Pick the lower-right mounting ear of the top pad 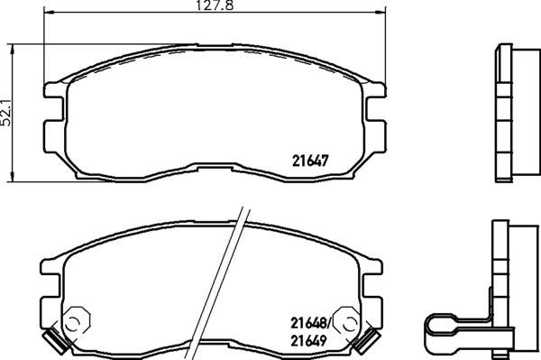pyautogui.click(x=374, y=134)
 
